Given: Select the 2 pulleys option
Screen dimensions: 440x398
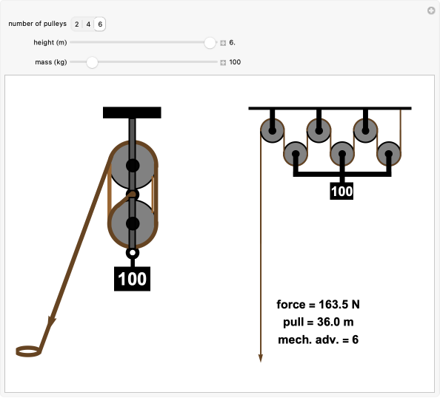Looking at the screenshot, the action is click(76, 24).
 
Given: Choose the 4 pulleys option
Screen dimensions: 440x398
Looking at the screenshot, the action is click(88, 24).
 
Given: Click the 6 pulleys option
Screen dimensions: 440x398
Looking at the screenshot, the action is click(100, 24).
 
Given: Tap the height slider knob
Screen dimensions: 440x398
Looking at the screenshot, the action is click(210, 43).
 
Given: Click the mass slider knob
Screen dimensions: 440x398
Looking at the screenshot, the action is click(92, 62).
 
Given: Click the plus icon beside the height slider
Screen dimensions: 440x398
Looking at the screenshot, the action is click(223, 43).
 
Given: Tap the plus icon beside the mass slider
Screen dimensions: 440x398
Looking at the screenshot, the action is click(223, 62).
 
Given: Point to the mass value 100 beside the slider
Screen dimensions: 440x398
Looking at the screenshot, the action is click(235, 62).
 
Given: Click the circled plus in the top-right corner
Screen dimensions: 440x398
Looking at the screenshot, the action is click(431, 10).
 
